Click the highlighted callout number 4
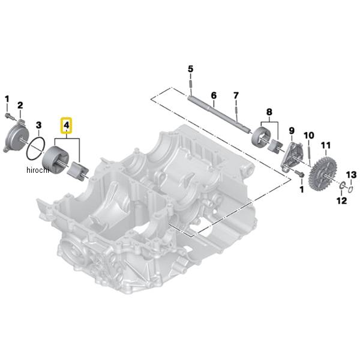tap(66, 125)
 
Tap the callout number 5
tap(191, 69)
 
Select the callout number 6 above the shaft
tap(214, 95)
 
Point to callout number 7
tap(236, 96)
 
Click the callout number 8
tap(269, 112)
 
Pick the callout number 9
tap(292, 131)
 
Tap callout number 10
tap(309, 135)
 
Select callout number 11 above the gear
tap(326, 145)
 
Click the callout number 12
tap(341, 200)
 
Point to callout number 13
tap(352, 175)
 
